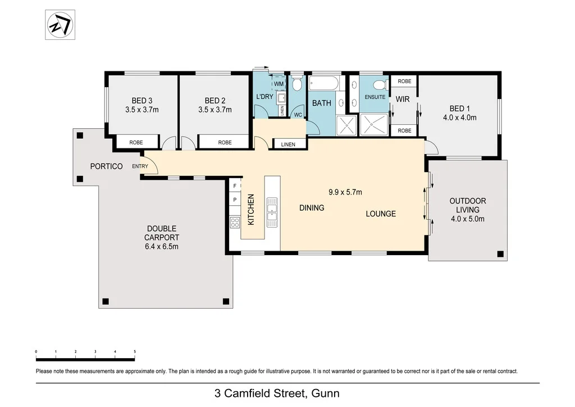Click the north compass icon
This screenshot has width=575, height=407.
pyautogui.click(x=61, y=25)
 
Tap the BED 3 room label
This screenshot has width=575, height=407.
pyautogui.click(x=142, y=101)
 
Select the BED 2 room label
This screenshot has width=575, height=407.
pyautogui.click(x=215, y=101)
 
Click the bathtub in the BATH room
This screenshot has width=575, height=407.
pyautogui.click(x=324, y=84)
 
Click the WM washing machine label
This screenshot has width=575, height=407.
pyautogui.click(x=279, y=84)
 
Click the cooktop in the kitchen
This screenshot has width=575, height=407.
pyautogui.click(x=234, y=221)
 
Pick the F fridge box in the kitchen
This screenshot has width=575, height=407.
pyautogui.click(x=234, y=186)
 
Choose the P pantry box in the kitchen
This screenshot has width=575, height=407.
pyautogui.click(x=234, y=200)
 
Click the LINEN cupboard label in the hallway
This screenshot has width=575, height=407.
pyautogui.click(x=288, y=144)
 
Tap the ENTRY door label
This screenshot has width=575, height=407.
pyautogui.click(x=140, y=166)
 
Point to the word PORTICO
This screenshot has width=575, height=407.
pyautogui.click(x=107, y=166)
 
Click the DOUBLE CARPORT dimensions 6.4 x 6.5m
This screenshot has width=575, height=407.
pyautogui.click(x=162, y=246)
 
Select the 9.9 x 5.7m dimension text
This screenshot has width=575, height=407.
pyautogui.click(x=345, y=192)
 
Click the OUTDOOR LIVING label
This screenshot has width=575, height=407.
pyautogui.click(x=468, y=205)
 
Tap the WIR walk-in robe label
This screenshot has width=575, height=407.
pyautogui.click(x=402, y=99)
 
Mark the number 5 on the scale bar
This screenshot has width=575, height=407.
pyautogui.click(x=135, y=351)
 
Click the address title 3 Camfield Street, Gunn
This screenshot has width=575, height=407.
pyautogui.click(x=277, y=393)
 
